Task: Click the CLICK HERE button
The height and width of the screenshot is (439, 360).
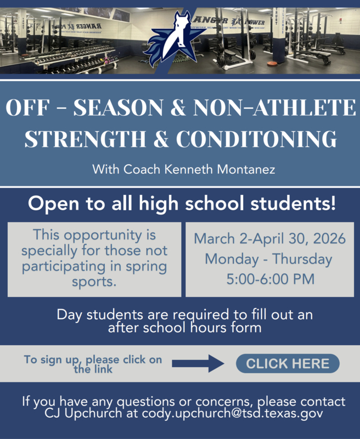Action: pyautogui.click(x=288, y=363)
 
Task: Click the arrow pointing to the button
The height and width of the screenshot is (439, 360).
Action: pyautogui.click(x=198, y=363)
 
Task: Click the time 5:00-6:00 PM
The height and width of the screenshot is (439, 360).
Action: pyautogui.click(x=271, y=279)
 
